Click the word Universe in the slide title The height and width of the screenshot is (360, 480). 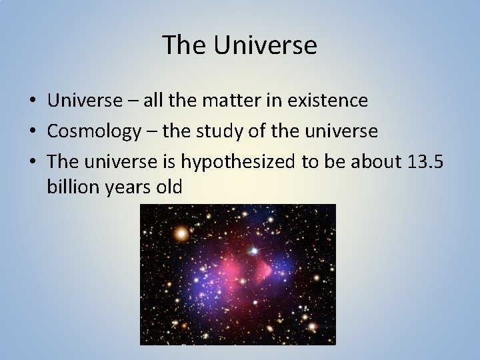pyautogui.click(x=265, y=45)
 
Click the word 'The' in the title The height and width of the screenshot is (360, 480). pyautogui.click(x=185, y=45)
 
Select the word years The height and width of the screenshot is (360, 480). pyautogui.click(x=126, y=187)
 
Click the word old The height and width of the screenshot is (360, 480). pyautogui.click(x=169, y=187)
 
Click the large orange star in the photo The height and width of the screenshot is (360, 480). pyautogui.click(x=181, y=233)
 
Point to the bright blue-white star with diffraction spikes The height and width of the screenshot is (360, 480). pyautogui.click(x=253, y=251)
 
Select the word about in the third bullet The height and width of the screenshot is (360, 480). pyautogui.click(x=375, y=162)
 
